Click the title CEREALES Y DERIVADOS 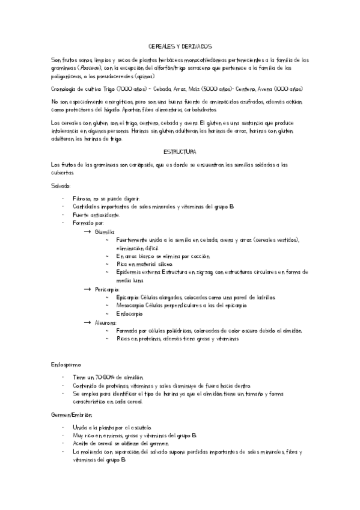pyautogui.click(x=180, y=46)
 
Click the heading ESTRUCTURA pyautogui.click(x=180, y=152)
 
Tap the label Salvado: pyautogui.click(x=62, y=186)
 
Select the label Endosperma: pyautogui.click(x=67, y=364)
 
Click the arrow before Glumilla pyautogui.click(x=87, y=232)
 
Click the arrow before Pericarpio pyautogui.click(x=87, y=289)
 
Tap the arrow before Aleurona pyautogui.click(x=87, y=322)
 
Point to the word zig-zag pyautogui.click(x=205, y=272)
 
